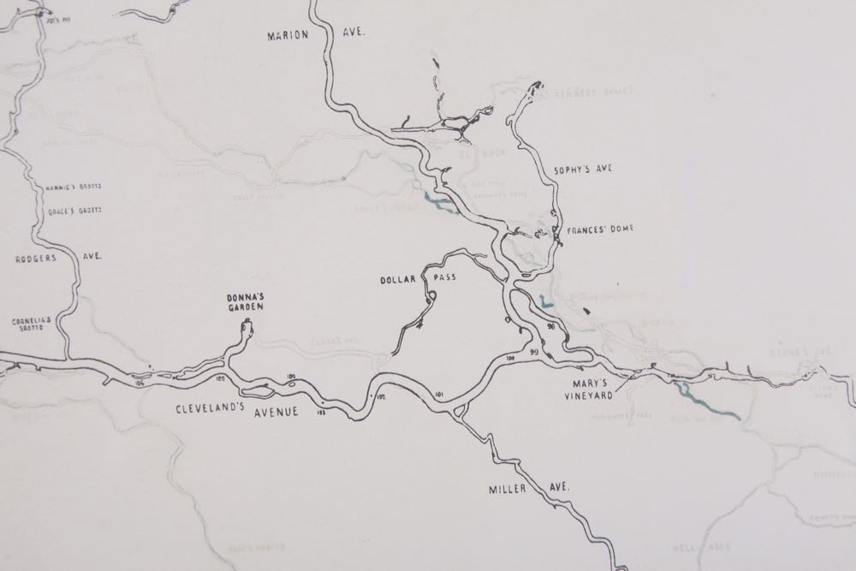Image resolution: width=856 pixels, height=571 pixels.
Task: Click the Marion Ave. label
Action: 316,35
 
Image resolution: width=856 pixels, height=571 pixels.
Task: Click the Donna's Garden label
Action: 244,301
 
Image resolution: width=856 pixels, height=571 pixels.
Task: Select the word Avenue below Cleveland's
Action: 274,412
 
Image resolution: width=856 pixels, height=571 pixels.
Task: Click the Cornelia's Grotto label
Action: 32,324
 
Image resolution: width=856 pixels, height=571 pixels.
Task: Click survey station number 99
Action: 533,353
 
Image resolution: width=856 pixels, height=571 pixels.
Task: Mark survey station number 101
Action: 441,394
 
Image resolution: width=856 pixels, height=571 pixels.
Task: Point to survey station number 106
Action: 140,382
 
